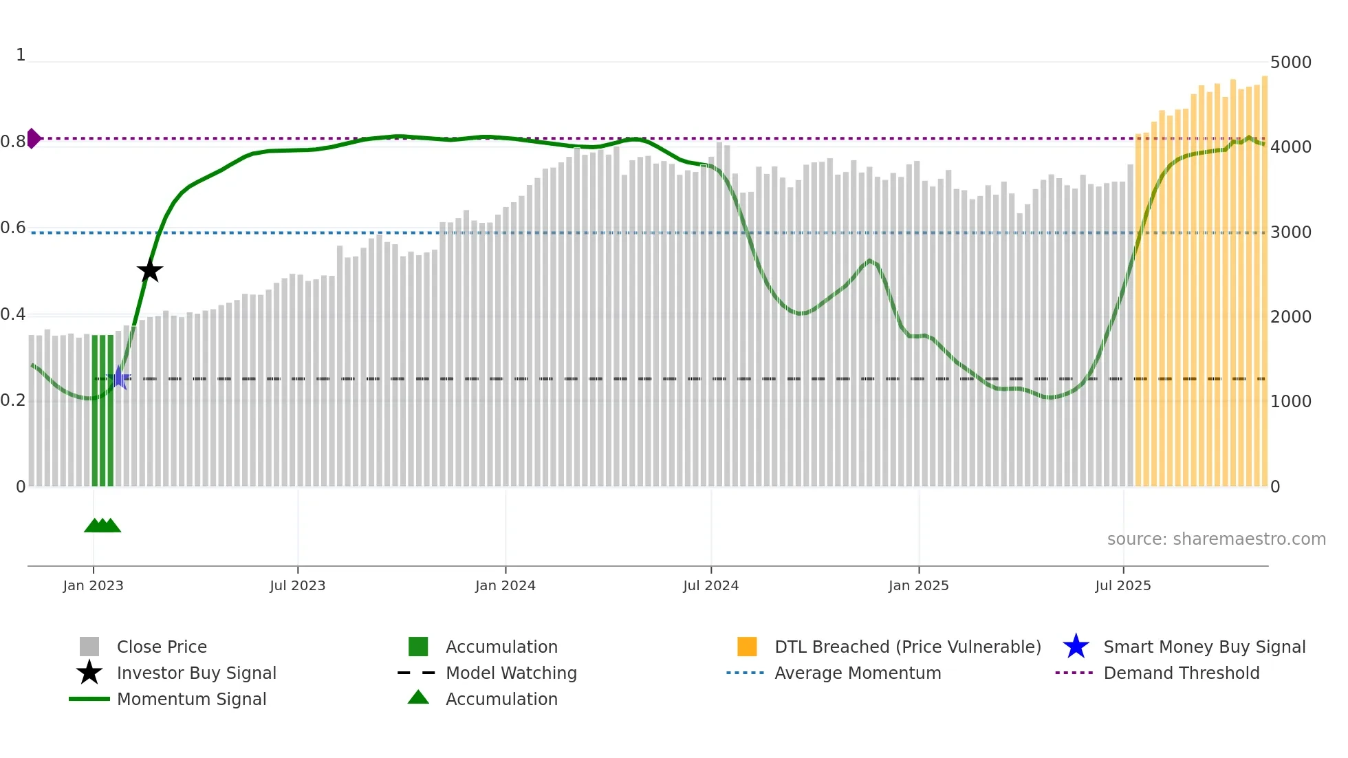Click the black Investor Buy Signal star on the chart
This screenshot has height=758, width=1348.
[x=149, y=270]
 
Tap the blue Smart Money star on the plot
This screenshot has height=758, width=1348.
[x=119, y=378]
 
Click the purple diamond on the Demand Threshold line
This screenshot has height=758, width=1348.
[x=33, y=138]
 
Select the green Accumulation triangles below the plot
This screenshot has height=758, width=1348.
[x=102, y=526]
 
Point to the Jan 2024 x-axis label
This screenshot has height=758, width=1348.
[x=505, y=585]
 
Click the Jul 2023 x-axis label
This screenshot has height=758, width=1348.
[x=297, y=585]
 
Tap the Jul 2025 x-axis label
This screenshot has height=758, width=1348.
[x=1122, y=585]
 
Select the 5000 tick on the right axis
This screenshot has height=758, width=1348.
[x=1290, y=63]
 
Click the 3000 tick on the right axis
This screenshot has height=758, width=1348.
[x=1290, y=232]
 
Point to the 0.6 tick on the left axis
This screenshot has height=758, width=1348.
[x=14, y=228]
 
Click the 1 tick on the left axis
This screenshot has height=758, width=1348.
[x=21, y=55]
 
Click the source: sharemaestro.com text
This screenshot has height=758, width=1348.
[x=1216, y=539]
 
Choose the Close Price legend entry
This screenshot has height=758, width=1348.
[x=162, y=647]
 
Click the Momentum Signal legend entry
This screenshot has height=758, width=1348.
[x=191, y=699]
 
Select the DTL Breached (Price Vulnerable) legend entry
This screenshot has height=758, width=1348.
[x=907, y=647]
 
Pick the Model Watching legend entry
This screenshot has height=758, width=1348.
[x=511, y=673]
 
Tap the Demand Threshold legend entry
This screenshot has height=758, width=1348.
[x=1181, y=673]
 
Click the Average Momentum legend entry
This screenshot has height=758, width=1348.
[x=857, y=673]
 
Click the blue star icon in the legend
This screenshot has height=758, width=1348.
[x=1076, y=647]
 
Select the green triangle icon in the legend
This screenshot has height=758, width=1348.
[x=418, y=697]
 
